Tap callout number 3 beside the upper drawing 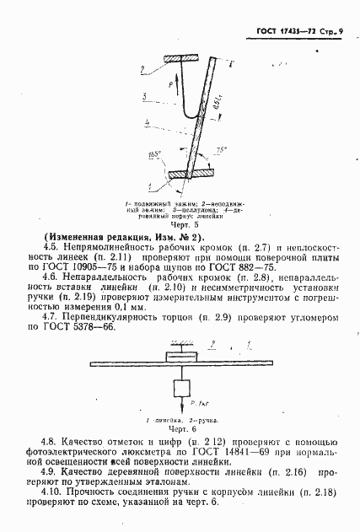click(x=146, y=96)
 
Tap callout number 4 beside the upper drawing click(x=149, y=123)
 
